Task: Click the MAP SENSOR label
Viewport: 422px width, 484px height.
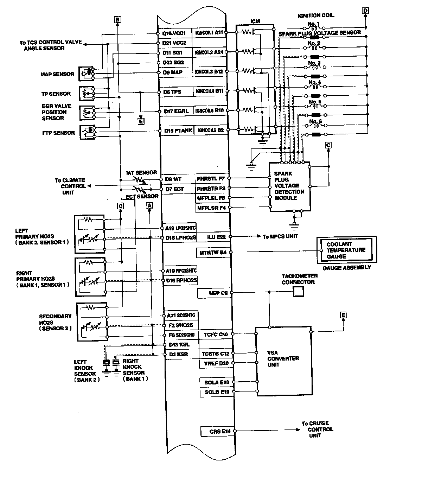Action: tap(57, 74)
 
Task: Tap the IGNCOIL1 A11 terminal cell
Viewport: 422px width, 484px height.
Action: tap(209, 33)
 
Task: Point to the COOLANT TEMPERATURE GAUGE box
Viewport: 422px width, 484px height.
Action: tap(346, 250)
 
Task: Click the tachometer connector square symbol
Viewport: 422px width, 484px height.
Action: tap(298, 292)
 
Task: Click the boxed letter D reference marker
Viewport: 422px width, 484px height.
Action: tap(365, 11)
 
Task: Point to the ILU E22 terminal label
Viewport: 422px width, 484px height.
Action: tap(216, 237)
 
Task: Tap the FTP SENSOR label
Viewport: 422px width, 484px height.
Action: tap(59, 133)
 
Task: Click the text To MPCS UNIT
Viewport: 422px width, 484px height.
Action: tap(280, 237)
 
